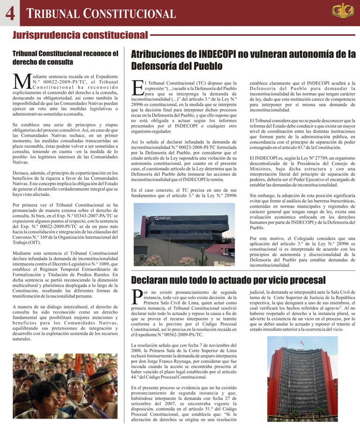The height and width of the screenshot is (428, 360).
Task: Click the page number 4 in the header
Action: click(10, 14)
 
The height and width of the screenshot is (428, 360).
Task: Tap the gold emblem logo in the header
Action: click(343, 13)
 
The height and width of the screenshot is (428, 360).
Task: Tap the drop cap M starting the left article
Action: click(22, 81)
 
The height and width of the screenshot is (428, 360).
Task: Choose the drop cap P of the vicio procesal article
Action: click(137, 297)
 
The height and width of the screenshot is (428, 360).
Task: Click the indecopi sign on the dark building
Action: click(162, 218)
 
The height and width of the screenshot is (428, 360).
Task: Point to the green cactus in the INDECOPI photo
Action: click(202, 255)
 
